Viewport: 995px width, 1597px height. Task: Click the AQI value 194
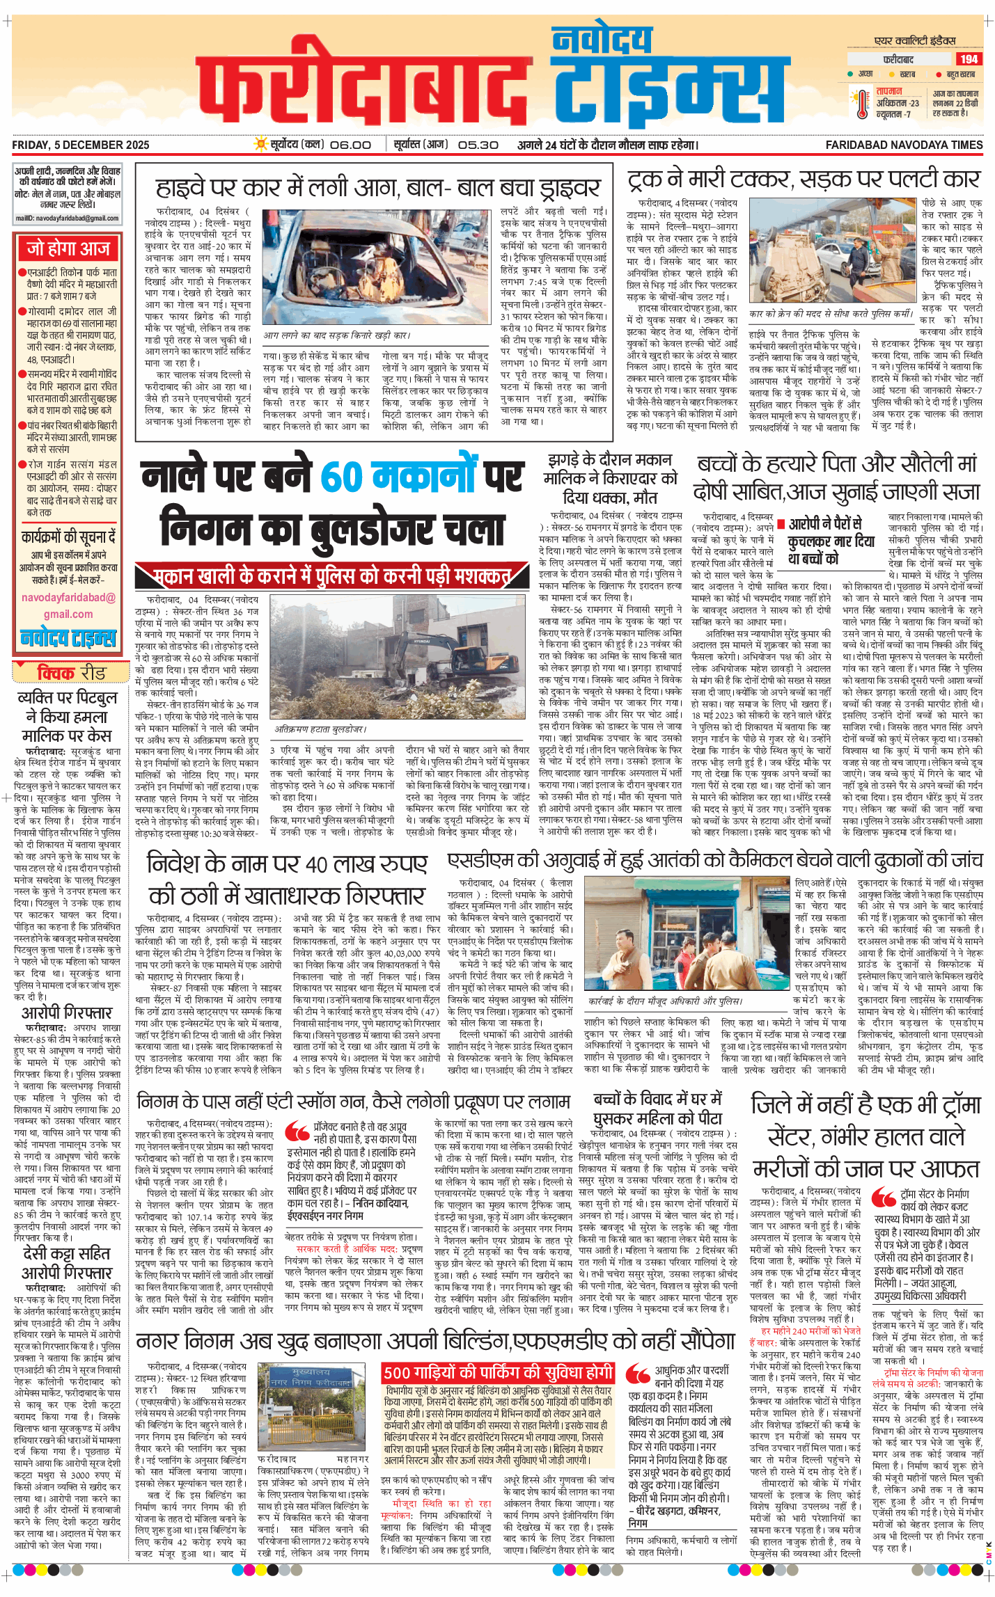(969, 59)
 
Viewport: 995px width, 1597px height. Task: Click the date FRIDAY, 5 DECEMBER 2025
(81, 145)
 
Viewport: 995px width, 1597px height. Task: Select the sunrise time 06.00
(350, 145)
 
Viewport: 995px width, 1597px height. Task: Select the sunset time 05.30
(478, 145)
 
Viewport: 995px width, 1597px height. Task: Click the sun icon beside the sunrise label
(261, 144)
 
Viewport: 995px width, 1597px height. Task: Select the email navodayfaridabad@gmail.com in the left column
(68, 605)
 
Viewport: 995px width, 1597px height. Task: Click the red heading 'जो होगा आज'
(68, 248)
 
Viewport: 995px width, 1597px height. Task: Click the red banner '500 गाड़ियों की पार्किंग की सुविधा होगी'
(498, 1372)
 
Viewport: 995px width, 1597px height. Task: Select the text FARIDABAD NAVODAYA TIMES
(904, 145)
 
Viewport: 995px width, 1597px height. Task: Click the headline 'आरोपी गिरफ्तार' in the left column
(67, 1012)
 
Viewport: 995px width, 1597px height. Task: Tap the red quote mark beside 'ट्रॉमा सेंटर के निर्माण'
(884, 1198)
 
